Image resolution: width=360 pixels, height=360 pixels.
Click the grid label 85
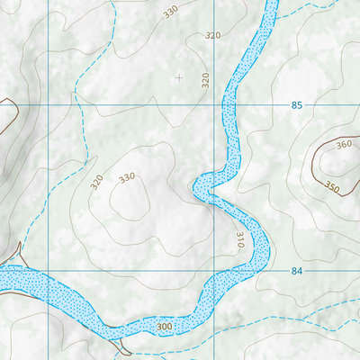297,105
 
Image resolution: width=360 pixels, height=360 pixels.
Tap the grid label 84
297,271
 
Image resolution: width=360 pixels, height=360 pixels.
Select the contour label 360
344,146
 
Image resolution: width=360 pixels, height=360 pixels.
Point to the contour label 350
332,188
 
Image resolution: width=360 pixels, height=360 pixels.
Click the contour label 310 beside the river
240,240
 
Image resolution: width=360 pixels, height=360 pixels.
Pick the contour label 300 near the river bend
164,326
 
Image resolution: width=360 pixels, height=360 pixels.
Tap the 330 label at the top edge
170,13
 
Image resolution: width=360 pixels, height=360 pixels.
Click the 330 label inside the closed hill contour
126,177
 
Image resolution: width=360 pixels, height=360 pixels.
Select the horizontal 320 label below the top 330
212,35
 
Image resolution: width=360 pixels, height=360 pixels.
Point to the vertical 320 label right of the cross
205,79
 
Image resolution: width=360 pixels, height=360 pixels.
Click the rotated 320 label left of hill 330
97,183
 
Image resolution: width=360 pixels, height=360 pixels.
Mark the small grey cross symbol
178,77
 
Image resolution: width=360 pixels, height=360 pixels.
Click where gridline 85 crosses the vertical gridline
211,105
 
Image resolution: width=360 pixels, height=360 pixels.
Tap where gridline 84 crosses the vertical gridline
211,271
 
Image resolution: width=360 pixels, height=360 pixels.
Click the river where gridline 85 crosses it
229,105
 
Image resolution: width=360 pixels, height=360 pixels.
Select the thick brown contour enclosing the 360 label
310,166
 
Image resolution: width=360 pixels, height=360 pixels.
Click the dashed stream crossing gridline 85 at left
76,105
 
